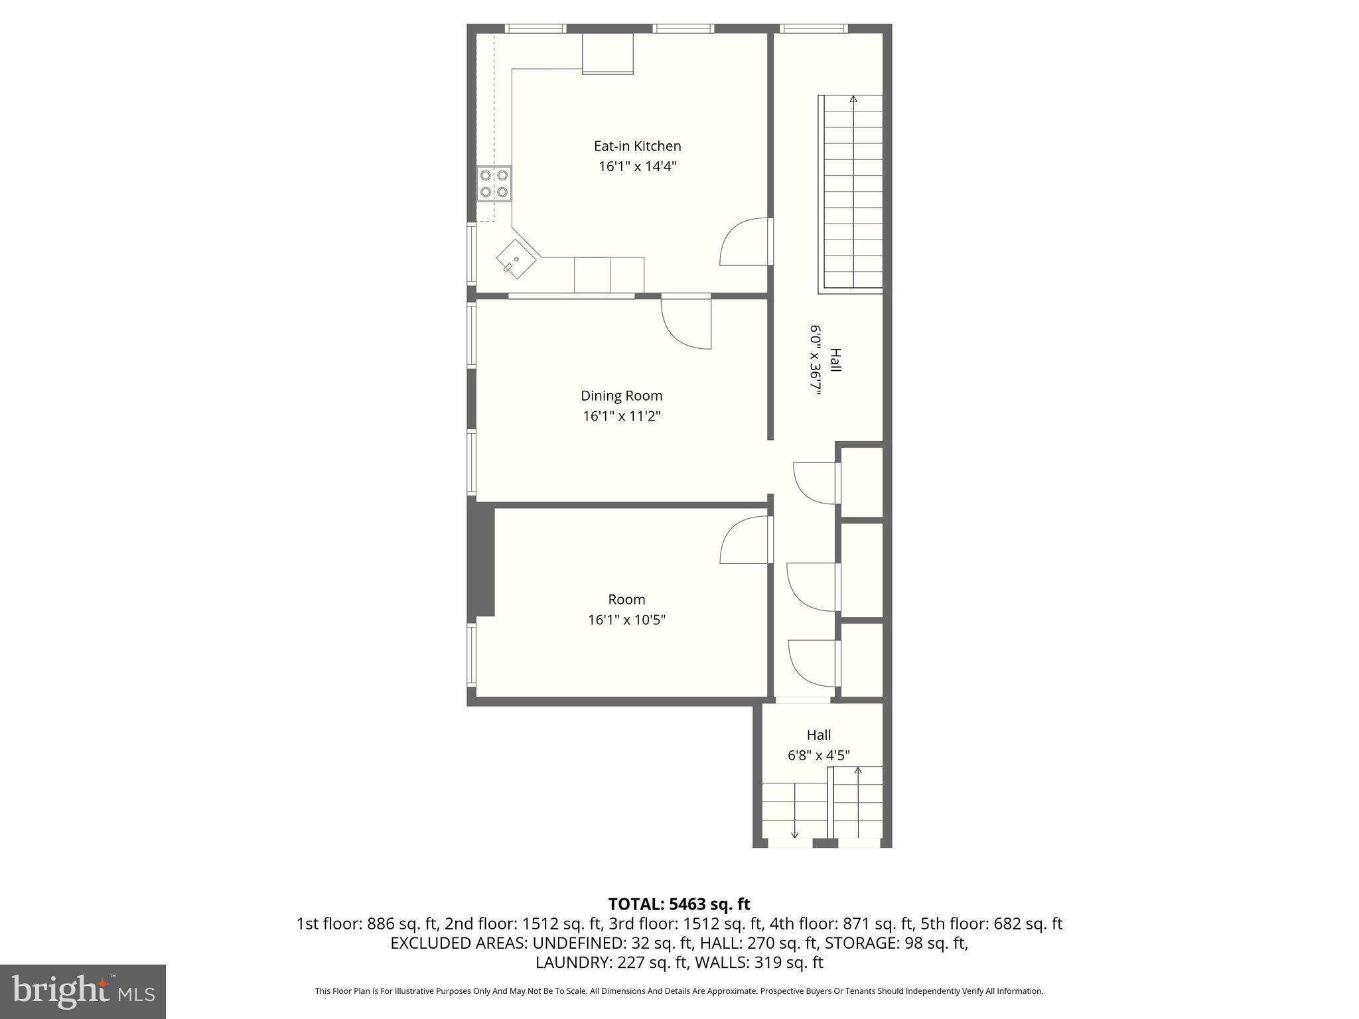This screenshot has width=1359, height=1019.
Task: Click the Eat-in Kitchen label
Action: pos(637,146)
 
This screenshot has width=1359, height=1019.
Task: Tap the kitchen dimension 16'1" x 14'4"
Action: pos(637,167)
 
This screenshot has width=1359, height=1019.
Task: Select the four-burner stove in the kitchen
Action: pos(494,184)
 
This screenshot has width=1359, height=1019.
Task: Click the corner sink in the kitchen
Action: pos(516,259)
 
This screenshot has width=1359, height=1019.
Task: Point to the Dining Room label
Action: pos(621,396)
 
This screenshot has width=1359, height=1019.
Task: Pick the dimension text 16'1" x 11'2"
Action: pos(621,417)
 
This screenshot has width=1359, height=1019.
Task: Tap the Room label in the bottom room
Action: pos(626,600)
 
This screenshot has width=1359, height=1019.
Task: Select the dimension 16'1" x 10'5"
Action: pos(626,620)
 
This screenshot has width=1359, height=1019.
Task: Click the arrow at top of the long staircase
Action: pos(853,100)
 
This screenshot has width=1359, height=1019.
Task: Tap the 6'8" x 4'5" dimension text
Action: pos(818,756)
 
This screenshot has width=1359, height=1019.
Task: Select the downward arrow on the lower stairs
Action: pos(795,834)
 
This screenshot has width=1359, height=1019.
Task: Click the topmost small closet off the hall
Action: pos(862,482)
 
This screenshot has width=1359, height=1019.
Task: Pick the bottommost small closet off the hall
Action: pos(862,660)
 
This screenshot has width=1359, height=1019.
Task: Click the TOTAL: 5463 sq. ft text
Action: pos(679,904)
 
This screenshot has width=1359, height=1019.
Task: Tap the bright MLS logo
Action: pos(83,992)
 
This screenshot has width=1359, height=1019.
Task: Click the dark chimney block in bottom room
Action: pos(482,561)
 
